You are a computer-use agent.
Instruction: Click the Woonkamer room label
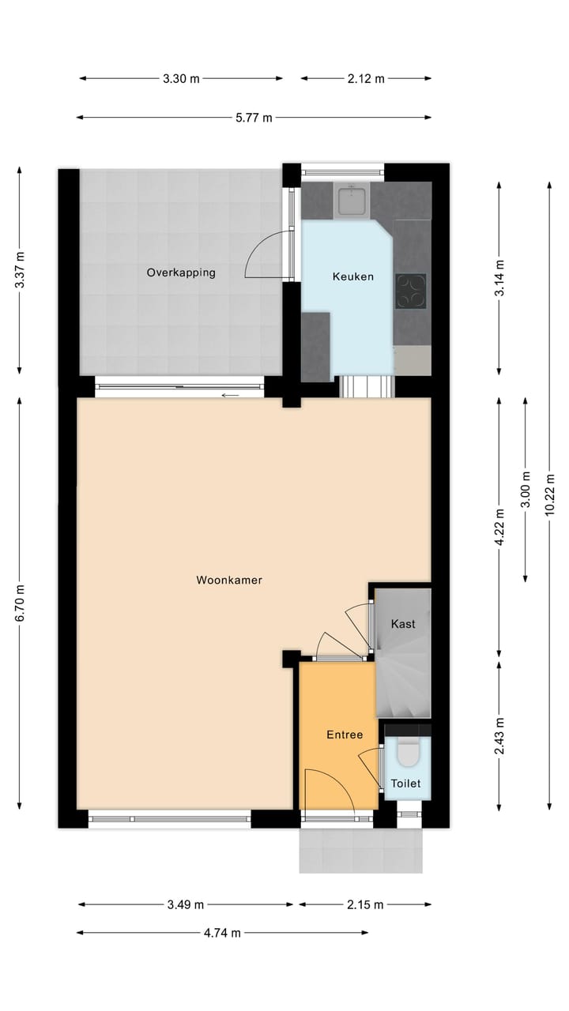[x=229, y=581]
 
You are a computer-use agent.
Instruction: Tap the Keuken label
[x=352, y=277]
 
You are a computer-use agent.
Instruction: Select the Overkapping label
[x=181, y=272]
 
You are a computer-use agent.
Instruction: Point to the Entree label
[x=345, y=735]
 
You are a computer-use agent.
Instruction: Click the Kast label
[x=403, y=624]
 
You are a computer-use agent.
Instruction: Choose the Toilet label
[x=406, y=784]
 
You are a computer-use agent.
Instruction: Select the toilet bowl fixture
[x=408, y=753]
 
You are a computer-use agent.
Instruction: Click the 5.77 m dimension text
[x=254, y=118]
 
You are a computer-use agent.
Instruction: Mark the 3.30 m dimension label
[x=181, y=78]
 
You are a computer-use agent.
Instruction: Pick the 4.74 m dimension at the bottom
[x=222, y=933]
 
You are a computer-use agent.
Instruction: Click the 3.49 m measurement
[x=186, y=904]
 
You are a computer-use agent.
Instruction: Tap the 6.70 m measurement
[x=20, y=603]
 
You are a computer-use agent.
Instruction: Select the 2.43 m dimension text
[x=499, y=735]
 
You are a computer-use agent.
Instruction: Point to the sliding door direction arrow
[x=230, y=395]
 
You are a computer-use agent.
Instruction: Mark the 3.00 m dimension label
[x=526, y=490]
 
